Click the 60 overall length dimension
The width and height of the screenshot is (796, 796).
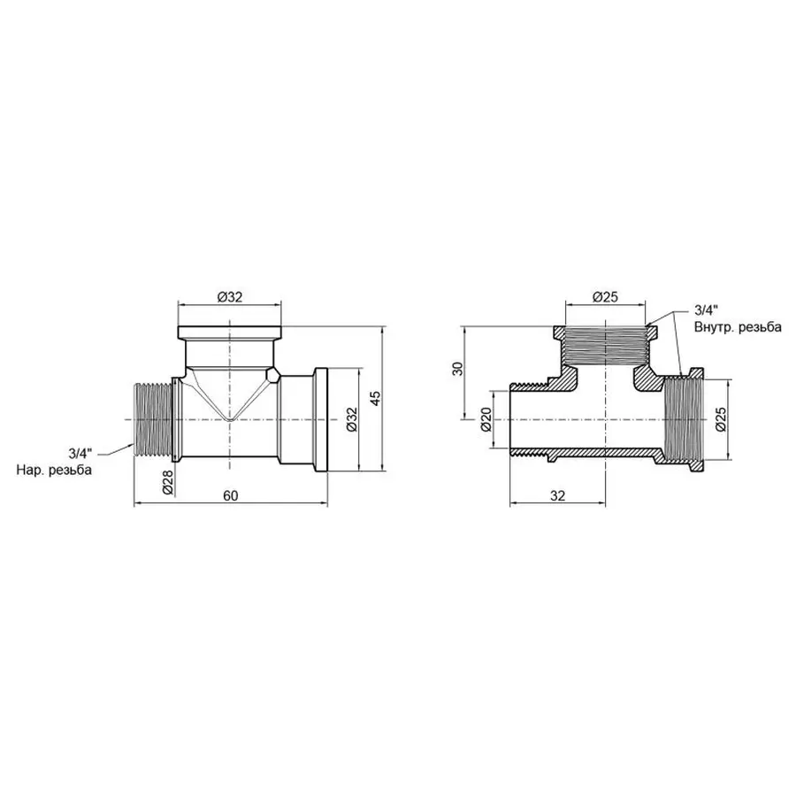click(x=230, y=496)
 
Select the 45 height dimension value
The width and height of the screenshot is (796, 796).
click(x=375, y=398)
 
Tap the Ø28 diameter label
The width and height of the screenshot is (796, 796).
click(x=168, y=483)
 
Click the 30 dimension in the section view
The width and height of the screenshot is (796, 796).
click(x=457, y=367)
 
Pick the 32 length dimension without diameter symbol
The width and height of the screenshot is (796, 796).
click(x=557, y=496)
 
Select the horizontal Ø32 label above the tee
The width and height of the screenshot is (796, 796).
click(x=230, y=297)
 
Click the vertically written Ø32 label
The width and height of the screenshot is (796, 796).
click(x=350, y=418)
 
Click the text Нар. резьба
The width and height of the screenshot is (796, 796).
click(x=54, y=470)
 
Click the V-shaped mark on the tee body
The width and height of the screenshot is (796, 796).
click(x=231, y=398)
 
